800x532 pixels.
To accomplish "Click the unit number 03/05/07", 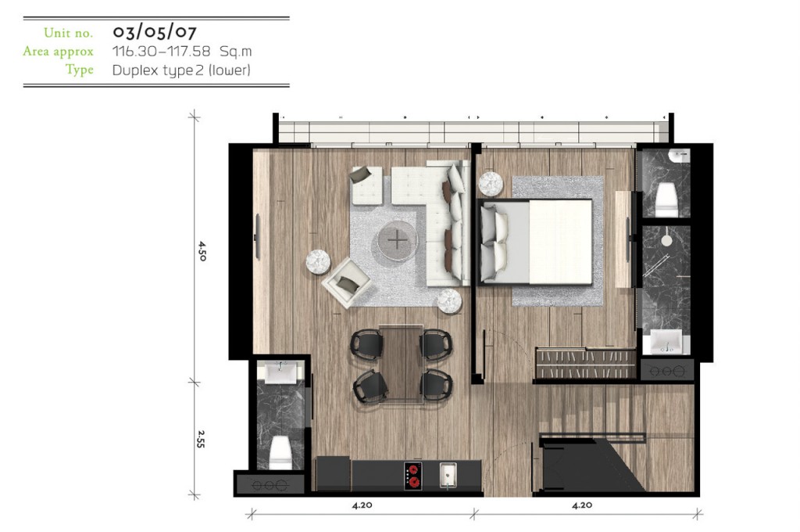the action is click(154, 32).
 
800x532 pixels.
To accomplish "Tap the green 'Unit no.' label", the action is click(69, 33).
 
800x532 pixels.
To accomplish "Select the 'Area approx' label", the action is click(58, 52).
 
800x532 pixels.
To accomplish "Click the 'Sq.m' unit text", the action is click(236, 51).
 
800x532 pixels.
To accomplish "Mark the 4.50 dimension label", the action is click(202, 251).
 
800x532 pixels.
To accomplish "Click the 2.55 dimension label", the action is click(201, 439).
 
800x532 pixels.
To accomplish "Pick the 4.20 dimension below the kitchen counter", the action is click(362, 505).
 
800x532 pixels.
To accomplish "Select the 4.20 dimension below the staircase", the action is click(582, 505).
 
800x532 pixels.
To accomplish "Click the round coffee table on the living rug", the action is click(398, 239).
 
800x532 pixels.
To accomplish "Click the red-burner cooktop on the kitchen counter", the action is click(413, 476).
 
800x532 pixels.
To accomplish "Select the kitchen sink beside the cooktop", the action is click(448, 475).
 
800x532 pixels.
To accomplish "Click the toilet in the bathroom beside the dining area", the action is click(280, 453).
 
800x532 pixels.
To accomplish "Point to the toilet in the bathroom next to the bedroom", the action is click(666, 199).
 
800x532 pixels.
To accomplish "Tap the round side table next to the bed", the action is click(491, 184).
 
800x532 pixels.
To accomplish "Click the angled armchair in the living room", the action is click(346, 282).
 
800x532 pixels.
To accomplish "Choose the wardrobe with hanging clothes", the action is click(585, 363).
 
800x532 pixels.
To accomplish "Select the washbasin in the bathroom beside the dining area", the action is click(280, 372).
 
